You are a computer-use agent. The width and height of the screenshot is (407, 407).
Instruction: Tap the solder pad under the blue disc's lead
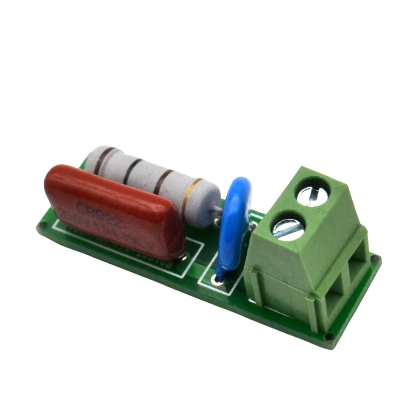point(218,279)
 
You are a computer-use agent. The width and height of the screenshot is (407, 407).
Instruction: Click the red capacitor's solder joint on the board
point(183,255)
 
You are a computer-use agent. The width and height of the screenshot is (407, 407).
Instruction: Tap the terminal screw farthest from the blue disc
point(315,193)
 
